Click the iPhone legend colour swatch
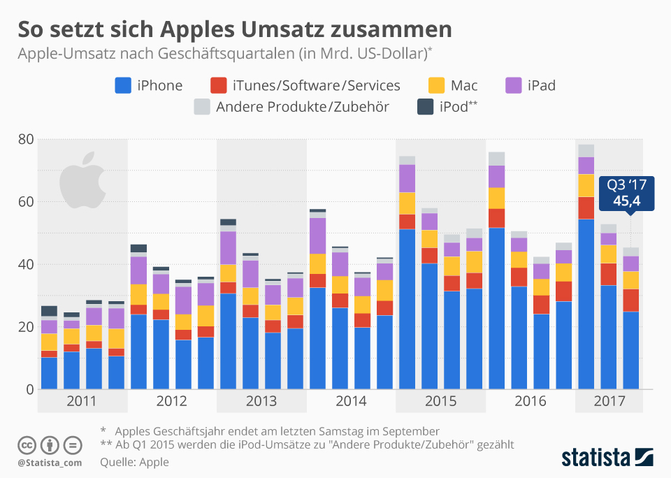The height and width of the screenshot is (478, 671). pyautogui.click(x=124, y=85)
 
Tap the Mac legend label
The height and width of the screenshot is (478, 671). pyautogui.click(x=464, y=85)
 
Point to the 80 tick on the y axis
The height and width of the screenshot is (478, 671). pyautogui.click(x=25, y=139)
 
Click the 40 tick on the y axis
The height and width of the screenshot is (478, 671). pyautogui.click(x=25, y=264)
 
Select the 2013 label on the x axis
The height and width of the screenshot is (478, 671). pyautogui.click(x=261, y=402)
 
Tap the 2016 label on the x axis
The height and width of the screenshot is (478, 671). pyautogui.click(x=531, y=402)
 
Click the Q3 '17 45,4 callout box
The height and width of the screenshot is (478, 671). pyautogui.click(x=626, y=193)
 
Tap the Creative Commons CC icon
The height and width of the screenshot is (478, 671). pyautogui.click(x=27, y=445)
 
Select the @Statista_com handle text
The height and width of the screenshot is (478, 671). pyautogui.click(x=50, y=462)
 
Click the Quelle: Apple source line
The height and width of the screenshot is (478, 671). pyautogui.click(x=134, y=462)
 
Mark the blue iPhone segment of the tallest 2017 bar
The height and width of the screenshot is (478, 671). pyautogui.click(x=586, y=304)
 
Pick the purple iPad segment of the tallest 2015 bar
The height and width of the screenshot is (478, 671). pyautogui.click(x=407, y=178)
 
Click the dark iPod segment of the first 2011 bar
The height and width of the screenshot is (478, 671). pyautogui.click(x=49, y=311)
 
